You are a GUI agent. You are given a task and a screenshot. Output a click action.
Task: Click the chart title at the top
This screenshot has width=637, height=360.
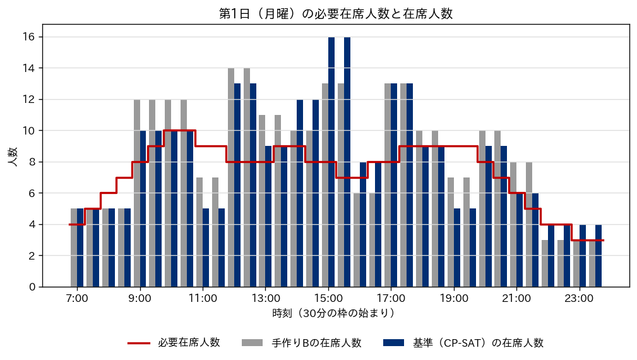coord(336,14)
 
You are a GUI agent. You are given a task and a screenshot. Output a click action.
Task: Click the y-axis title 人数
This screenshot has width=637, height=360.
coord(13,157)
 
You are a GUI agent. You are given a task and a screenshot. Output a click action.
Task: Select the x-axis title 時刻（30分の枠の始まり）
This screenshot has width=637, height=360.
coord(333,313)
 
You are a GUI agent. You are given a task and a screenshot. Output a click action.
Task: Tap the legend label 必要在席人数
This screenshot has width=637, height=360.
coord(189,342)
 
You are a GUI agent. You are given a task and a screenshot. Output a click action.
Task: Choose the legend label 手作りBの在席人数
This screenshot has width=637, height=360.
coord(316,343)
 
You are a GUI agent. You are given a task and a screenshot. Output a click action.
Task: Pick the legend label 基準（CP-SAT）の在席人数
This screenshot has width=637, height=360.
coord(478,343)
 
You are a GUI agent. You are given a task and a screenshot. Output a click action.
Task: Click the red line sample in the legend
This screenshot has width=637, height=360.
coord(139,344)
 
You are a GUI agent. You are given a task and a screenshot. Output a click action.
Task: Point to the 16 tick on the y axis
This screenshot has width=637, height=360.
coord(29,37)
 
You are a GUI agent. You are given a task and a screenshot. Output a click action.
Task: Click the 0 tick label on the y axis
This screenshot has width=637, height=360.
coord(32,287)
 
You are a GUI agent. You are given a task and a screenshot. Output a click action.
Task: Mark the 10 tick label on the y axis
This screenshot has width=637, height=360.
coord(29,131)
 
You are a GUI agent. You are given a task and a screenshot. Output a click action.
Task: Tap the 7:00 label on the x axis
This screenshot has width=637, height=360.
coord(77,299)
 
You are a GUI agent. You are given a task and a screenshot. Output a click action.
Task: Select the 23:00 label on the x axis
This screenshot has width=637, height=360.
coord(579,299)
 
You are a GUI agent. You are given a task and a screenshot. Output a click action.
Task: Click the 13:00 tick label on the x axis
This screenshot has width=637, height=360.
coord(265,299)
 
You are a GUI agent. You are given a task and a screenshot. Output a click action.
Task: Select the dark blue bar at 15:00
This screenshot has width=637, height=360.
coord(331,162)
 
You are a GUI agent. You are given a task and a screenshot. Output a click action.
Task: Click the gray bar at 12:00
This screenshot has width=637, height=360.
coord(231,177)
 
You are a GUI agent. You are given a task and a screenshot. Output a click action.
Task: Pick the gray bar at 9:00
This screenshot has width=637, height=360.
coord(137,193)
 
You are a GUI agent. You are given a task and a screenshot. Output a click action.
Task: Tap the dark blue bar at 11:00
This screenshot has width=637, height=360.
coord(206,248)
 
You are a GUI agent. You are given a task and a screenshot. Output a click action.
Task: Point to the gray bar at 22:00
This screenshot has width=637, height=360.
coord(545,263)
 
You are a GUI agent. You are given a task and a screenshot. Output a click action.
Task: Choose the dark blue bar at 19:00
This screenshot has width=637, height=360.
coord(457,248)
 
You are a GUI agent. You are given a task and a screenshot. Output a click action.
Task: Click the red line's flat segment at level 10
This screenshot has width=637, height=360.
coord(179,131)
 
